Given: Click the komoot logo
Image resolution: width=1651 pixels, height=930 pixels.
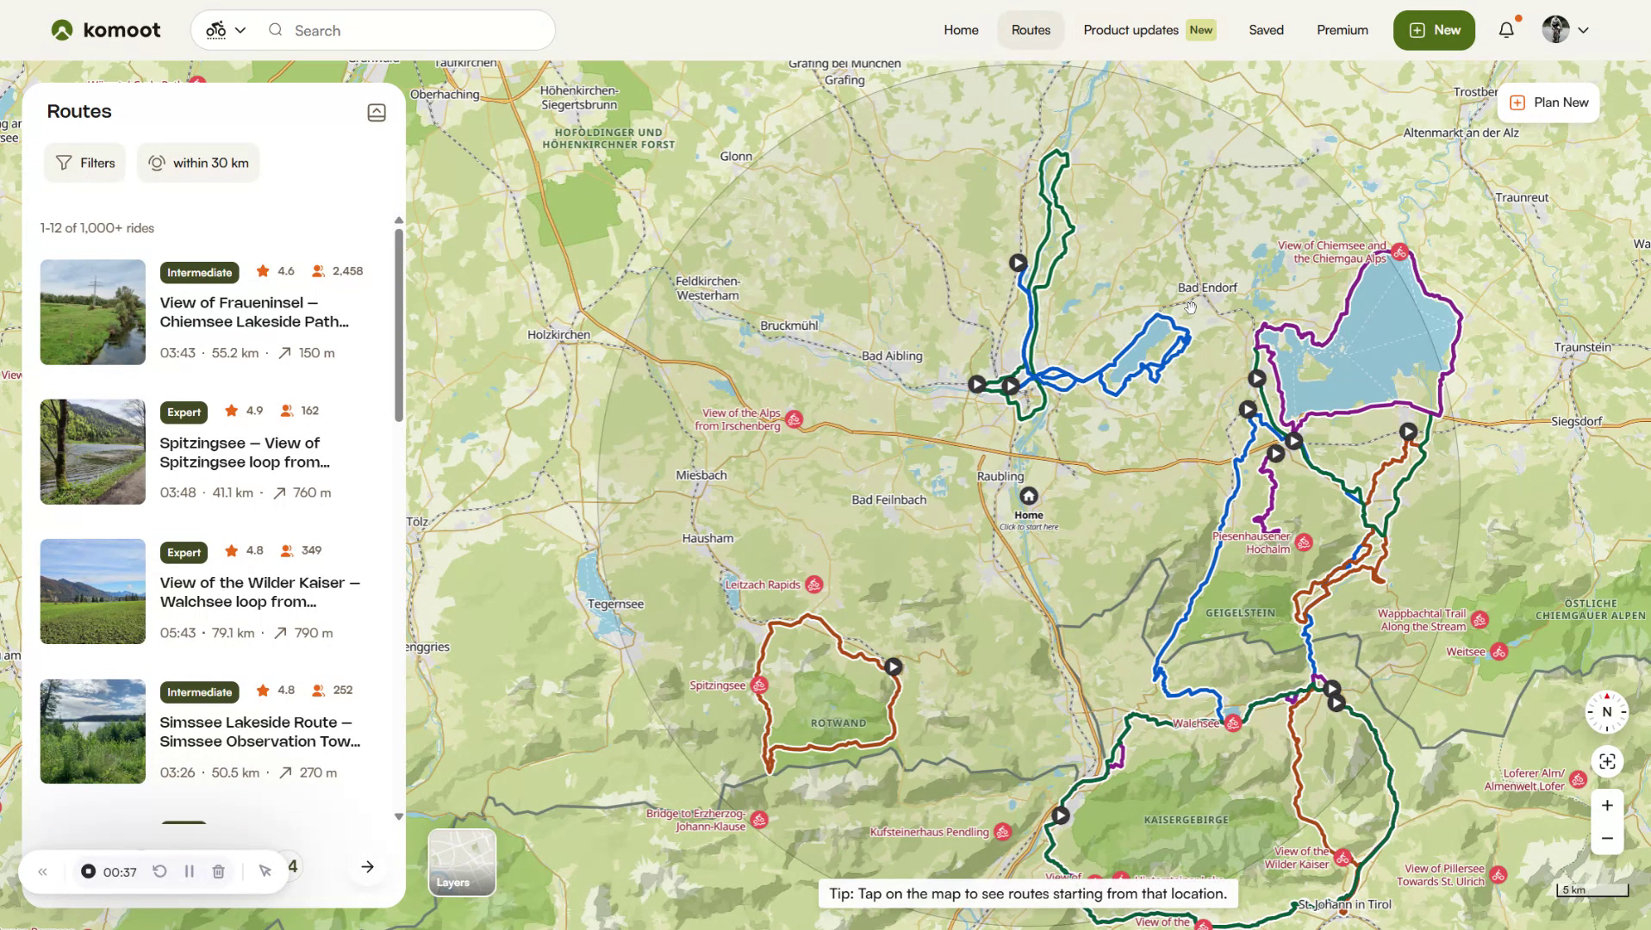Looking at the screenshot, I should pos(105,30).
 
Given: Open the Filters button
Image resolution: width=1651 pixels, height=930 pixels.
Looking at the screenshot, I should pos(85,163).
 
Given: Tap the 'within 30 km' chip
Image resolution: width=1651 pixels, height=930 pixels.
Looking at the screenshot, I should pos(198,163).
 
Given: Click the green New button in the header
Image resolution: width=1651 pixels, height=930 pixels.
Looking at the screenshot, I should pos(1433,30).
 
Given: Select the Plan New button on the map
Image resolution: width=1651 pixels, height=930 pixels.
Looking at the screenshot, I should pos(1548,102).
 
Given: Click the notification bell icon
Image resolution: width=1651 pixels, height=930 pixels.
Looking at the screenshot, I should pos(1505,30).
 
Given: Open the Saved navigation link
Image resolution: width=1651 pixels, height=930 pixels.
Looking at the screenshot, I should pos(1265,30).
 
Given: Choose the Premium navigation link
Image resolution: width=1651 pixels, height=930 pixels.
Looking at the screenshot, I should pos(1342,30).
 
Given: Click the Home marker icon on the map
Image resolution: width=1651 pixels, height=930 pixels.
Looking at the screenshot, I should pos(1028,497).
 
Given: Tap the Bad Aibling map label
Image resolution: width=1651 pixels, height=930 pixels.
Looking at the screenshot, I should pos(892,356).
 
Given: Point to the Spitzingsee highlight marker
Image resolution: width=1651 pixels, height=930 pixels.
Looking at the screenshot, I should pos(759,685).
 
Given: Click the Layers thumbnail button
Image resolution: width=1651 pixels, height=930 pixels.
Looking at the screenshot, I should pos(462,862).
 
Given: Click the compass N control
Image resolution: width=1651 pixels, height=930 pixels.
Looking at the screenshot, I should pos(1606,712).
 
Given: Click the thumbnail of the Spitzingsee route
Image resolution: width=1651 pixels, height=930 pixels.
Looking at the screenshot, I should pos(93,451).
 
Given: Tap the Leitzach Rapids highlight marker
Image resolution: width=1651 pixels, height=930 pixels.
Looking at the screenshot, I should pos(813,585).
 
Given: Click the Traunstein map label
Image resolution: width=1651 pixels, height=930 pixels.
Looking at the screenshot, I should pos(1582,347).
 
